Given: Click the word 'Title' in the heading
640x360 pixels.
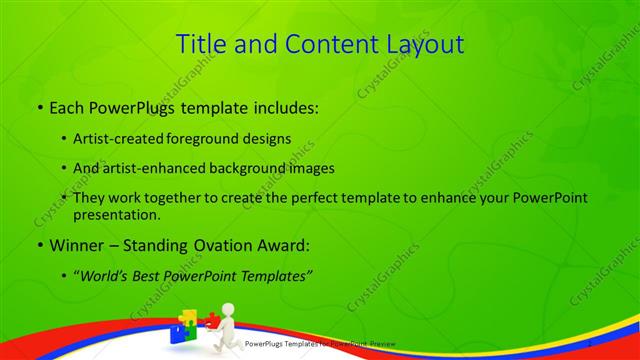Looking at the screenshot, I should coord(200,44).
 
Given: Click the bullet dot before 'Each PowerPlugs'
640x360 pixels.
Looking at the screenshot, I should coord(38,105).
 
